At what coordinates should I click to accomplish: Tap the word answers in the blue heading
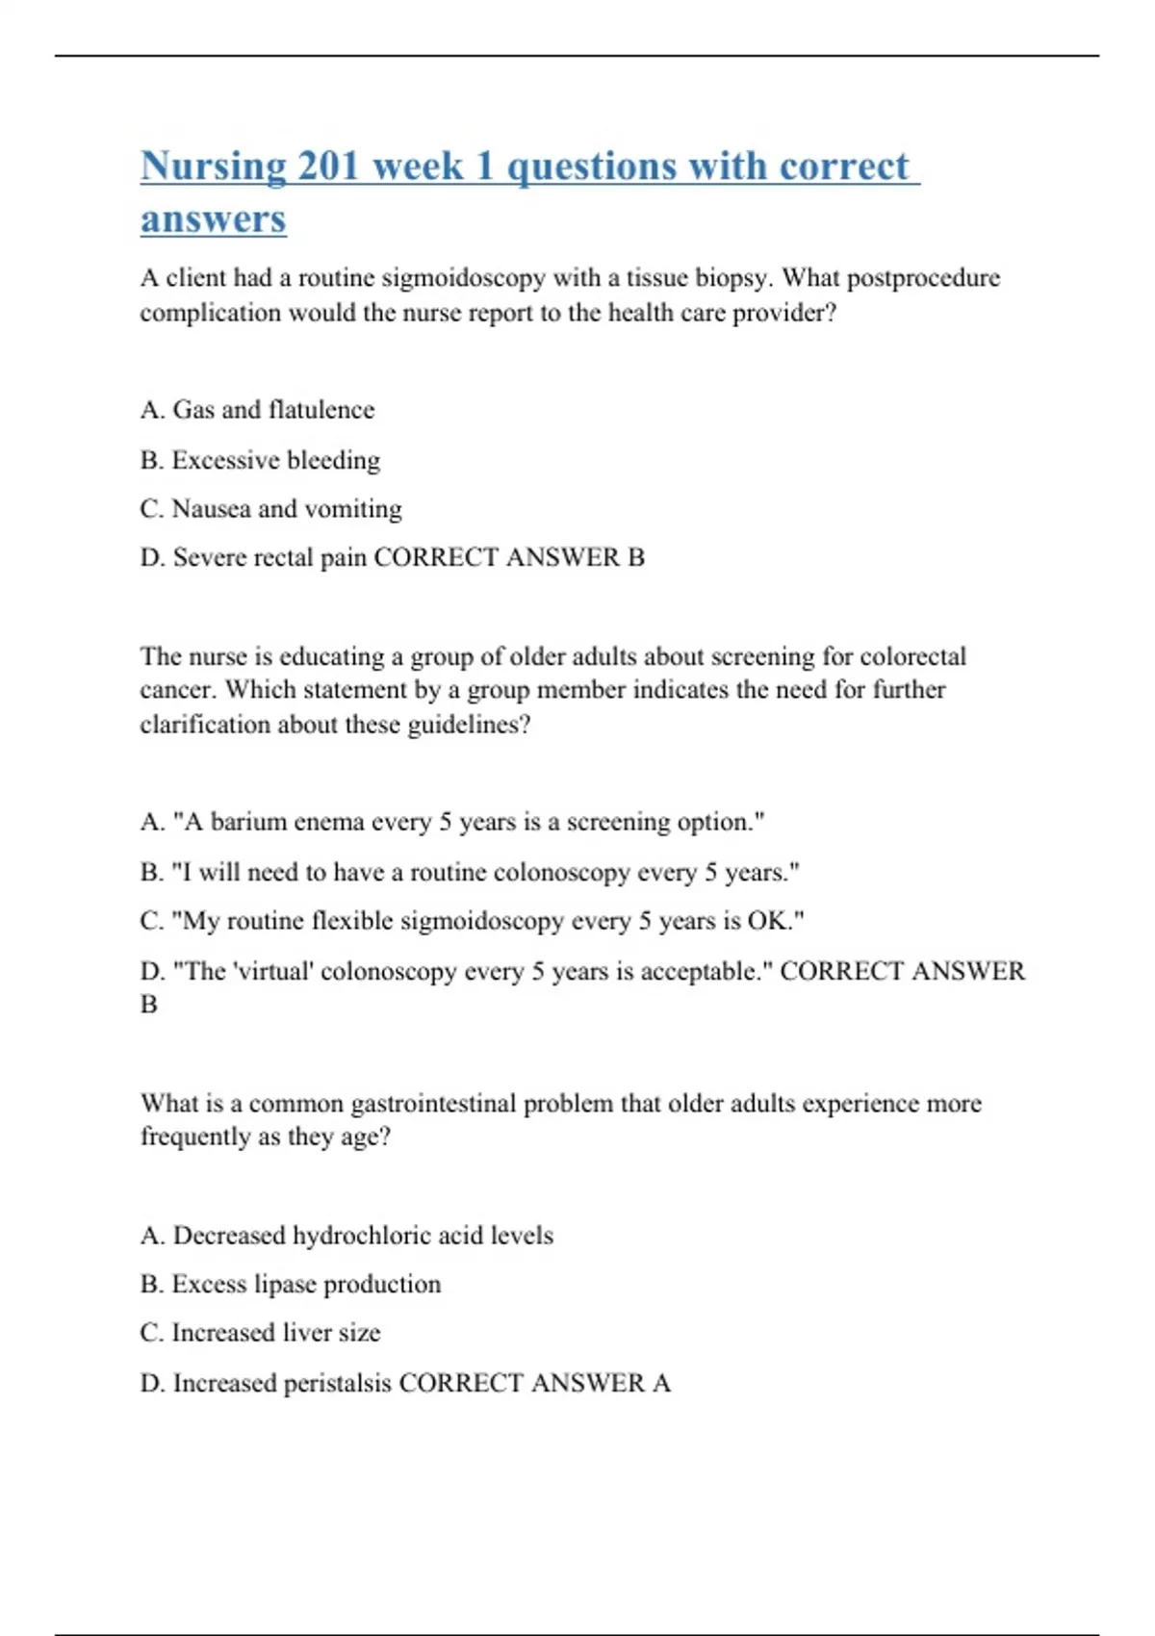point(213,219)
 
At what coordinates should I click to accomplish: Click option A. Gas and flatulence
point(257,410)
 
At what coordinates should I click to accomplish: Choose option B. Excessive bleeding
point(260,460)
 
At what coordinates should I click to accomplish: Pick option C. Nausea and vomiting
point(270,509)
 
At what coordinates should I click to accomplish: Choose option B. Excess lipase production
point(291,1285)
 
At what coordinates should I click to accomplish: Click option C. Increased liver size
point(260,1333)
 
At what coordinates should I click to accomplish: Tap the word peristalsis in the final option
point(337,1383)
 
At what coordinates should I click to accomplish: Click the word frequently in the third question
point(193,1137)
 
